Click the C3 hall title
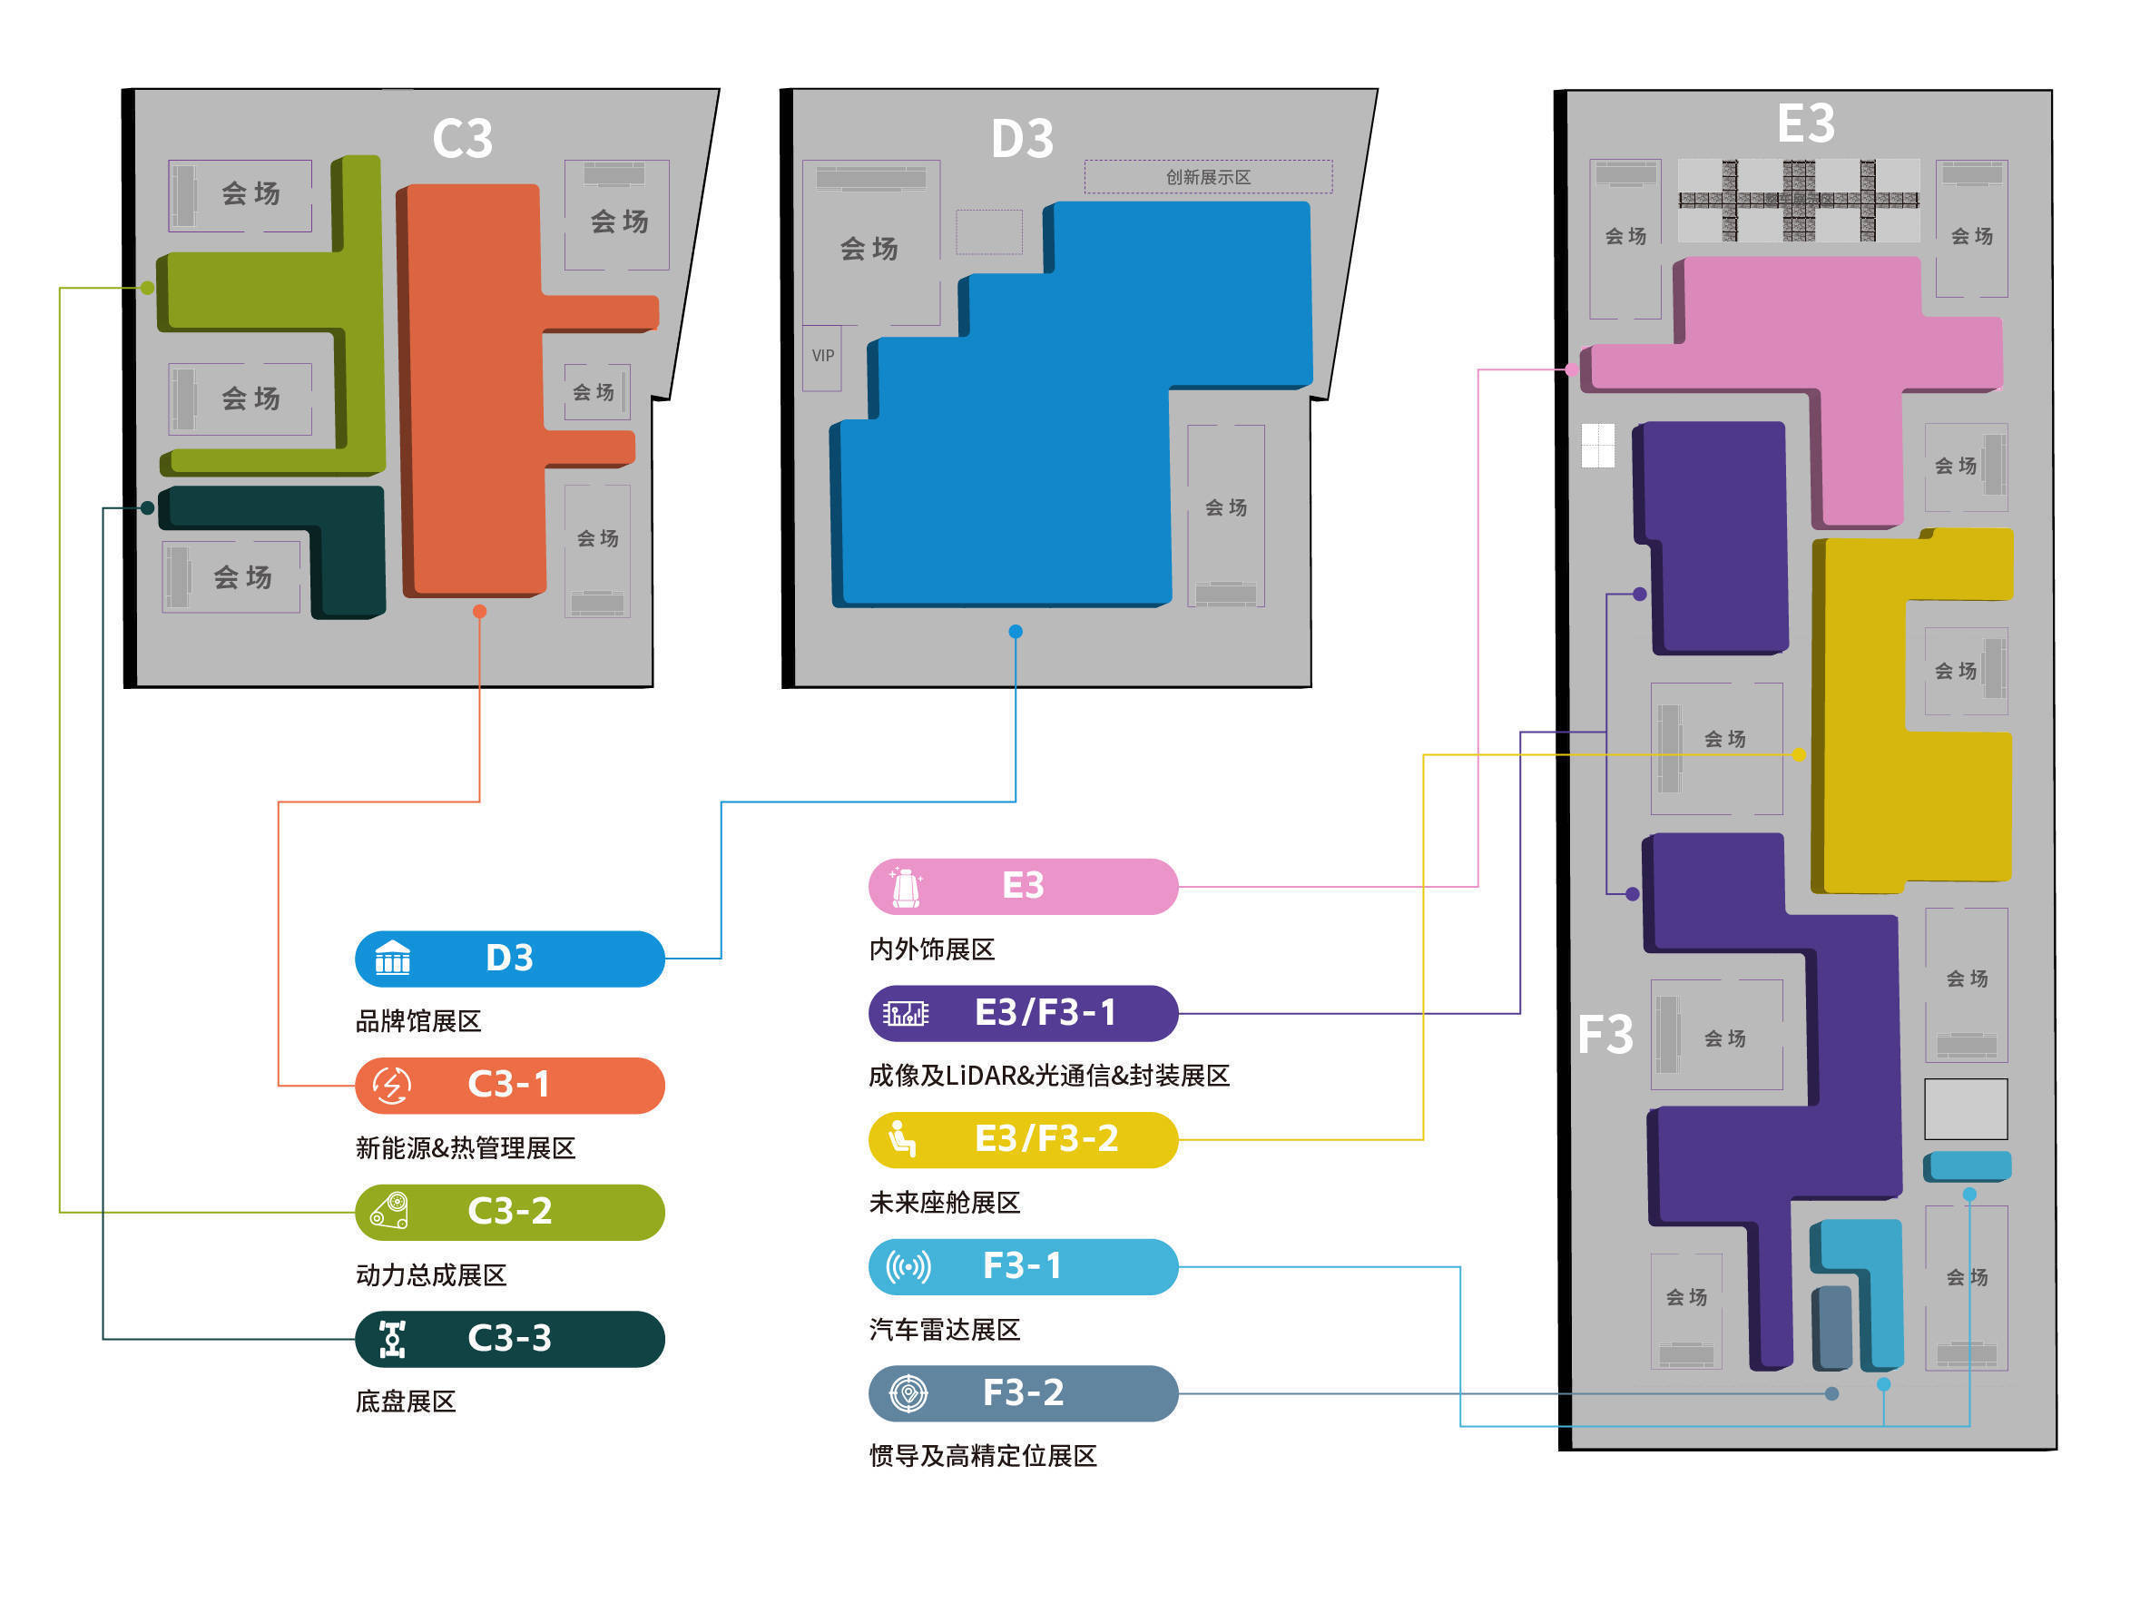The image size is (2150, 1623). click(x=462, y=139)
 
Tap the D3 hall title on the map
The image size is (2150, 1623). click(x=1022, y=139)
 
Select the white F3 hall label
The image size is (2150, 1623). click(x=1605, y=1034)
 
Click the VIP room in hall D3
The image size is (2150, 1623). click(x=822, y=357)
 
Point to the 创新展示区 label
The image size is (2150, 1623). click(x=1207, y=177)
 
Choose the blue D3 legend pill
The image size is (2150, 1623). click(x=509, y=959)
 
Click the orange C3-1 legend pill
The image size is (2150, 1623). click(x=509, y=1086)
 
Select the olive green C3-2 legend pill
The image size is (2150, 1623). click(x=509, y=1212)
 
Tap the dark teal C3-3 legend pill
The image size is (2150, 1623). click(x=509, y=1339)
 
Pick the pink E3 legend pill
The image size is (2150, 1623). click(x=1023, y=886)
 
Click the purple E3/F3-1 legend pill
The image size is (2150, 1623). click(x=1023, y=1014)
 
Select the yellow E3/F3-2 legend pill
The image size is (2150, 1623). click(x=1023, y=1140)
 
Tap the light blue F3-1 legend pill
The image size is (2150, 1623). click(x=1023, y=1266)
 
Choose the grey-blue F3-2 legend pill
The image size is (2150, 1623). click(x=1023, y=1393)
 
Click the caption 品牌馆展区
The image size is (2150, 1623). click(x=418, y=1021)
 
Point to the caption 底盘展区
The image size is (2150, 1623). click(x=406, y=1402)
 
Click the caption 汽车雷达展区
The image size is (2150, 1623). click(x=944, y=1330)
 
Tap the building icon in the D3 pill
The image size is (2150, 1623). click(x=393, y=959)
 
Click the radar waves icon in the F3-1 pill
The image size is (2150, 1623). click(x=908, y=1266)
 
